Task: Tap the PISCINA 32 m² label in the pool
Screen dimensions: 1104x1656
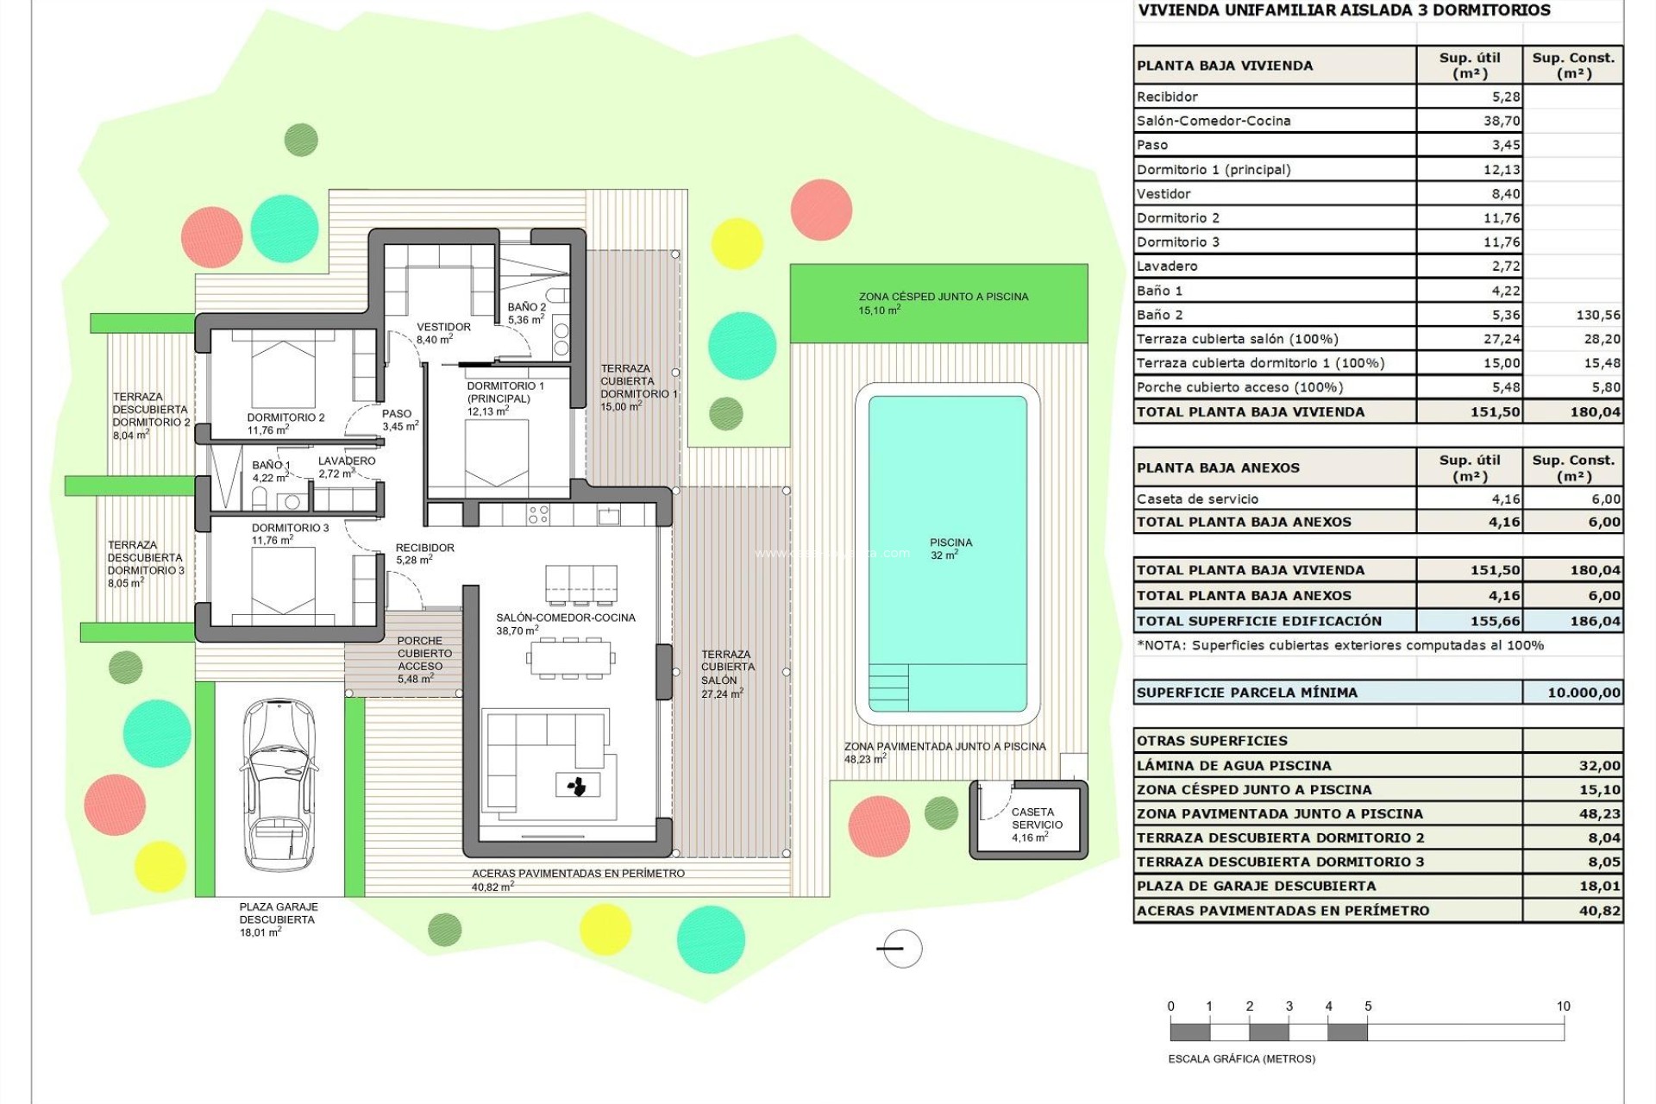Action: coord(950,549)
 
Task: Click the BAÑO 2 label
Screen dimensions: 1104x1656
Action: coord(526,312)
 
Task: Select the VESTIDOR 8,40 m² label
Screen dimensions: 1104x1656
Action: coord(443,333)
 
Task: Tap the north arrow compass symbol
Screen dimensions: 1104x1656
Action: coord(902,949)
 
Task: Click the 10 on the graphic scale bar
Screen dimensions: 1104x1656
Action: coord(1563,1006)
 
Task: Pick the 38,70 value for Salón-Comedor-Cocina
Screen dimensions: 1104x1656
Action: coord(1502,121)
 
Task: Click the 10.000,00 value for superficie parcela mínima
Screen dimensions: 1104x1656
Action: coord(1584,693)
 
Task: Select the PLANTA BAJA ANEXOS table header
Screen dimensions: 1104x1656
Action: coord(1218,468)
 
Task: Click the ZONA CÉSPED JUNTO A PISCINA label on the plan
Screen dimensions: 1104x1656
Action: coord(943,303)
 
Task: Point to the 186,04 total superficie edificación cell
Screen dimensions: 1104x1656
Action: coord(1595,621)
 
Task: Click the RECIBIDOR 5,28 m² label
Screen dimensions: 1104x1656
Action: coord(424,553)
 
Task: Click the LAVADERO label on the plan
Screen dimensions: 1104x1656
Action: coord(346,467)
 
